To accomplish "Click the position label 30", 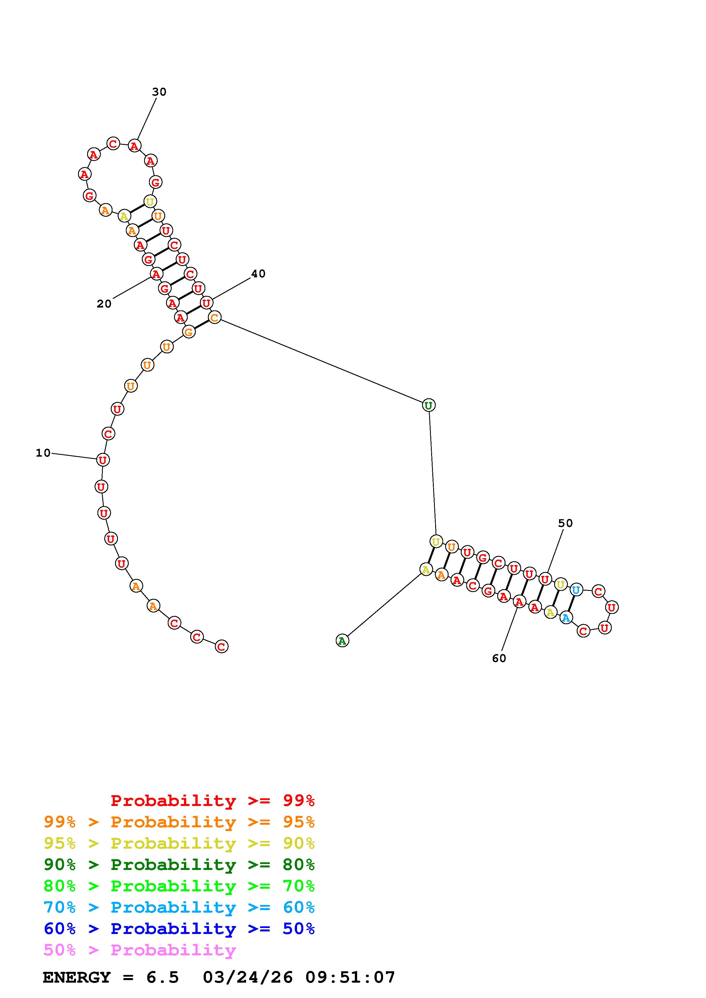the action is [x=159, y=92].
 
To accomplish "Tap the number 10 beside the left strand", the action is [x=43, y=453].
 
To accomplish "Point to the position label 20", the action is [x=104, y=304].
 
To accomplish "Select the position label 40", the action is [x=258, y=273].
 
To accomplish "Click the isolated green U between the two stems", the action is [x=429, y=405].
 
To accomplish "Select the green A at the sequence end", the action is [x=342, y=640].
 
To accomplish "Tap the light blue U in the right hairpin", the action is [x=576, y=590].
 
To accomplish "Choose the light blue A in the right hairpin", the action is [x=566, y=617].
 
